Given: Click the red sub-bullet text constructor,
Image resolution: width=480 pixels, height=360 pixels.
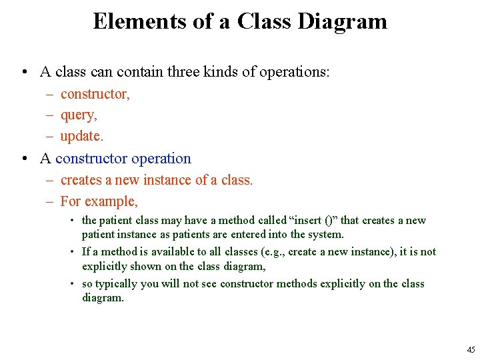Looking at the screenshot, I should coord(95,94).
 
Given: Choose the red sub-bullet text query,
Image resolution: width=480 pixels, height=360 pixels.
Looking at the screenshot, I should coord(79,115).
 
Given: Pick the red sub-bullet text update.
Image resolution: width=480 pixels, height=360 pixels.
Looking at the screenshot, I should coord(82,137).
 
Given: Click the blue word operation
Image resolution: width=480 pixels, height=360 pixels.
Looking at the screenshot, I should coord(161,159).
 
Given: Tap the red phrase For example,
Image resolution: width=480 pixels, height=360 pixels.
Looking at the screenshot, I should coord(99,201).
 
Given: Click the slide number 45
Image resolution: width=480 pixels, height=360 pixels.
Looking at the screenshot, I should coord(471,350).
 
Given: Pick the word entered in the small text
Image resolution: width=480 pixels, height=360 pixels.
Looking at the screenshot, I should coord(247,235).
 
